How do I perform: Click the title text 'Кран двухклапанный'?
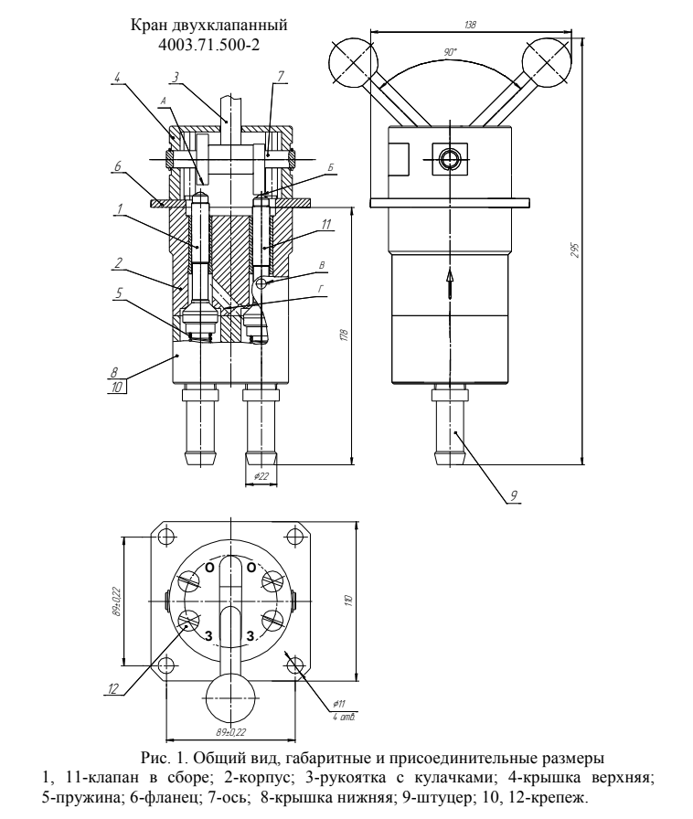(x=209, y=25)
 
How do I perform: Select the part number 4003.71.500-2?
(x=209, y=45)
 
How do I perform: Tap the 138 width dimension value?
(x=470, y=25)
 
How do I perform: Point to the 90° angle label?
(x=450, y=52)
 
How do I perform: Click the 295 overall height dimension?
(x=575, y=250)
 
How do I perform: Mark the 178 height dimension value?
(x=344, y=335)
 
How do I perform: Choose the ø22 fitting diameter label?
(x=261, y=476)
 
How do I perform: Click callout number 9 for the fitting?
(x=514, y=495)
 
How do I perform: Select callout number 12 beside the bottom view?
(x=113, y=689)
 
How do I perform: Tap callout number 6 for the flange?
(x=118, y=166)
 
